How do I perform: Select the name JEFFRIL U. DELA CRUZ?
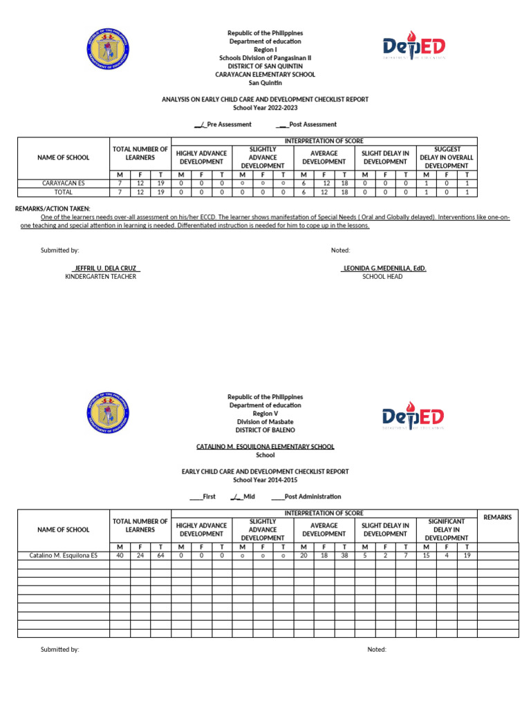click(106, 268)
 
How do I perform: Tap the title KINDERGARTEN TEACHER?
click(100, 277)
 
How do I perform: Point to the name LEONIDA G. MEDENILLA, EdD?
click(384, 268)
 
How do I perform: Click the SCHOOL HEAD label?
click(382, 277)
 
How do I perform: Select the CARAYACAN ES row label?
click(64, 184)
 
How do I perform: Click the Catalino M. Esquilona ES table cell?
click(64, 555)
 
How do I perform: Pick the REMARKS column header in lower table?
click(498, 517)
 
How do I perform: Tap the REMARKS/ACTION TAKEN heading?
click(53, 209)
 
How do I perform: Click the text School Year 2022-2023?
click(265, 108)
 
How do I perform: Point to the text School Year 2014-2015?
click(265, 480)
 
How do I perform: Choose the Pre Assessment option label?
click(223, 125)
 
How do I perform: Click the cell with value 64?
click(160, 555)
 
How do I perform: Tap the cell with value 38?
click(344, 555)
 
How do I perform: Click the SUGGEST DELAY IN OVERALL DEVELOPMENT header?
click(446, 157)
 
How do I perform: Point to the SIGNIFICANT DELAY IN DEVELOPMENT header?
click(446, 530)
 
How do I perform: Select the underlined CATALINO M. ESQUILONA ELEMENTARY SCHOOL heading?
click(265, 447)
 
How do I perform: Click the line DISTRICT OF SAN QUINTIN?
click(265, 66)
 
